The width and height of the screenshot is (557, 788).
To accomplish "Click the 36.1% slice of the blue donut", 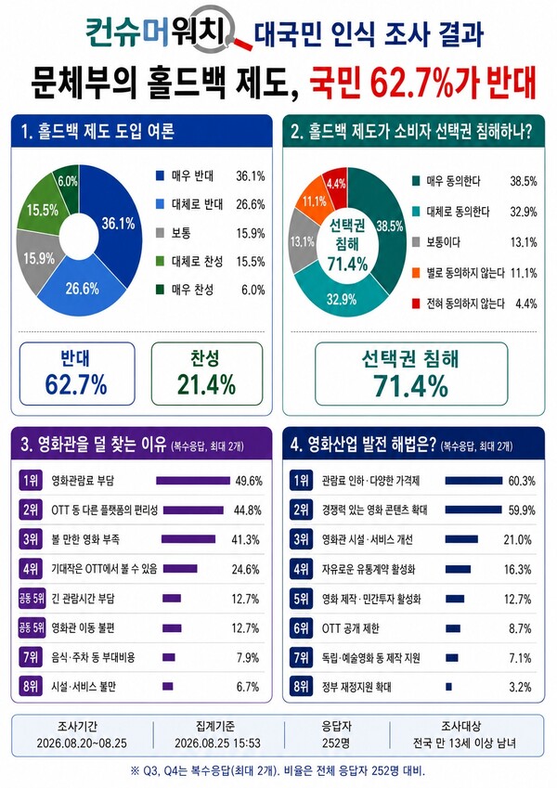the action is point(117,221).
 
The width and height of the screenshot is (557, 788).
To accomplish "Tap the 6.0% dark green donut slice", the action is point(68,182).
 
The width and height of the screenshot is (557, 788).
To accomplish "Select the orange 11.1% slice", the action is point(314,200).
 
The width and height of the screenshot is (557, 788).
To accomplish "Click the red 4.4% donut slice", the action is point(335,183).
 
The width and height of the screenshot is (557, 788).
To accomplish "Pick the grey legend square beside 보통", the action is point(161,233).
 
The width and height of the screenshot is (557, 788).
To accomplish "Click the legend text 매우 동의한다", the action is point(453,181).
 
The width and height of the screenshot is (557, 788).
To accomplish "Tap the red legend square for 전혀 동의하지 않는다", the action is point(416,304).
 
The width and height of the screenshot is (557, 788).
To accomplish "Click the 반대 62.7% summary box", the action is point(77,374).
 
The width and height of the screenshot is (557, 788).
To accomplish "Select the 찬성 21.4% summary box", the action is point(207,374).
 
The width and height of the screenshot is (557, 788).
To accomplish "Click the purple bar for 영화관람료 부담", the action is point(193,481).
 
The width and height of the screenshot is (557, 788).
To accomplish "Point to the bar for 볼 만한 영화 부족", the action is point(188,539).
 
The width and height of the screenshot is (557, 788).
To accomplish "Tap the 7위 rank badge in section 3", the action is point(30,657).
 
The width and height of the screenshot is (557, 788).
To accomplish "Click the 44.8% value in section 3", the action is point(247,510).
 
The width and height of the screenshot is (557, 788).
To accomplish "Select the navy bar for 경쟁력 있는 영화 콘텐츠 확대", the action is point(473,510).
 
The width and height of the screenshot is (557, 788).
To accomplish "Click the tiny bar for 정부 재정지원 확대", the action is point(449,687).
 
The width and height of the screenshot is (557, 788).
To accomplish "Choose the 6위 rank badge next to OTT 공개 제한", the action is point(301,628).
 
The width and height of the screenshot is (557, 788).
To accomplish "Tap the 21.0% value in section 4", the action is point(518,540).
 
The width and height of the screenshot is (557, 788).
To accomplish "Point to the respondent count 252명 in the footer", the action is point(336,743).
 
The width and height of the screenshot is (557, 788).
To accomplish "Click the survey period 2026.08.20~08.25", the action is point(82,743).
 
